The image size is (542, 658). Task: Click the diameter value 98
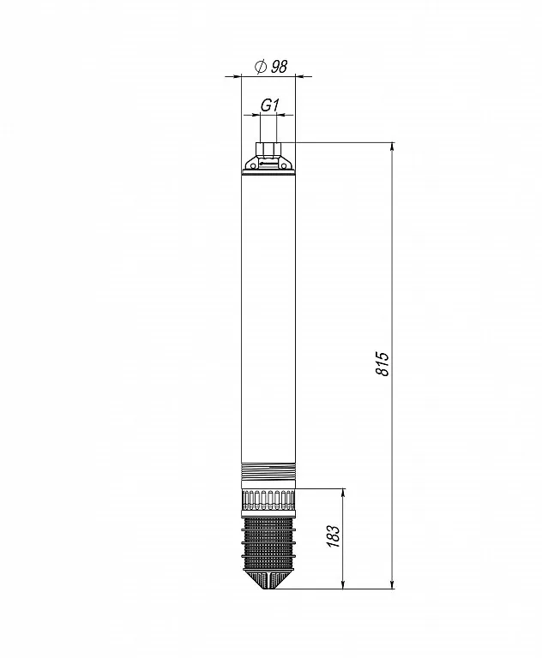click(x=279, y=66)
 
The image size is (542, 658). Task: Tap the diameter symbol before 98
click(x=261, y=66)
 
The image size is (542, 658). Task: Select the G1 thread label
click(x=269, y=105)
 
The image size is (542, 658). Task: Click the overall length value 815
click(x=382, y=364)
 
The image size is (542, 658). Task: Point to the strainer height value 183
click(x=333, y=536)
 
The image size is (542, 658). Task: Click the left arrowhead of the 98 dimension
click(x=238, y=76)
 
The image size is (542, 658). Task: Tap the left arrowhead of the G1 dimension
click(x=256, y=114)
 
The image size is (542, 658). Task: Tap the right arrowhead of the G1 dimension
click(x=281, y=114)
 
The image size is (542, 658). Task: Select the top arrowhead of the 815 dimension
click(x=393, y=147)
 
